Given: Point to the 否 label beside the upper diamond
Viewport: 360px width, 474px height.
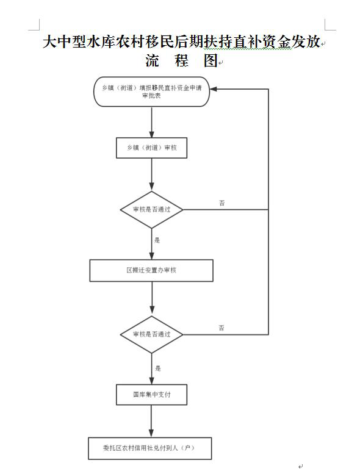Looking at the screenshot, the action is tap(222, 203).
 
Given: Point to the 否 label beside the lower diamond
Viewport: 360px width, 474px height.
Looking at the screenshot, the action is tap(221, 328).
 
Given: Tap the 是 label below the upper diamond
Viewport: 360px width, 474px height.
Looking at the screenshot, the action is tap(157, 240).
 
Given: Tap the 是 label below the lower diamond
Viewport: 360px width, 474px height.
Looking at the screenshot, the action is tap(158, 368).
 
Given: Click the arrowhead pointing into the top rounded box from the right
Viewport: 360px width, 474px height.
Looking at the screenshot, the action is tap(214, 89).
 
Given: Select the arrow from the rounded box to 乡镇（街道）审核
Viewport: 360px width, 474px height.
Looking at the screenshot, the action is tap(151, 122).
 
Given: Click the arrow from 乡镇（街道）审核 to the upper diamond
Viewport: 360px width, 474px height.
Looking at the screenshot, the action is tap(151, 174).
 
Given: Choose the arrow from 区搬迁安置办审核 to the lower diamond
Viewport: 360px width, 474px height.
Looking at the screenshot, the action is tap(152, 299).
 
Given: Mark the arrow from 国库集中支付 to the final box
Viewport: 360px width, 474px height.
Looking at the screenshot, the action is tap(151, 421).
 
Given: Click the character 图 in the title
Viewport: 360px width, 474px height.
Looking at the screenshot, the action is tap(211, 60).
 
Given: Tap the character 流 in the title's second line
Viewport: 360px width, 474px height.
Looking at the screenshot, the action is tap(152, 60).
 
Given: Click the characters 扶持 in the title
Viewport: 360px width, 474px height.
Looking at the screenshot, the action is tap(218, 41).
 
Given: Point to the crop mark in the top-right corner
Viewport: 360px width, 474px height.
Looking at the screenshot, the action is tap(325, 30).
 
